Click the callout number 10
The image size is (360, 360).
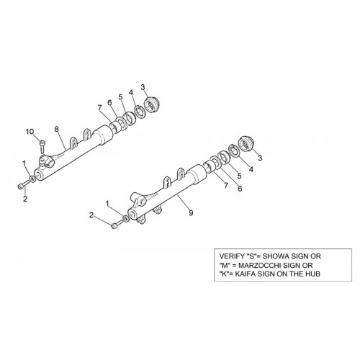tap(30, 132)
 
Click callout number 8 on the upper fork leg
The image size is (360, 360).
tap(56, 130)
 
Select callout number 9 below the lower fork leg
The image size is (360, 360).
tap(191, 212)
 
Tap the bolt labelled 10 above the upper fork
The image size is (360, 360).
tap(42, 146)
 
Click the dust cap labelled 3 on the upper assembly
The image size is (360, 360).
tap(152, 105)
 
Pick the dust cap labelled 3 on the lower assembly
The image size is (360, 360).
tap(246, 143)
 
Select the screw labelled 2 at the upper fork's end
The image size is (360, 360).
tap(22, 186)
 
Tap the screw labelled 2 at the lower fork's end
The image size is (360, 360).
tap(116, 225)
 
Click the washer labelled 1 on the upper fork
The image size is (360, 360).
tap(32, 179)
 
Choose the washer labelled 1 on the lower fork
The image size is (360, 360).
tap(125, 218)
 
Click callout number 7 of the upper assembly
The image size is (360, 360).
tap(99, 108)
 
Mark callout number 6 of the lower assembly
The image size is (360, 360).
tap(240, 189)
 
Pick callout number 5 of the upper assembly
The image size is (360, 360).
tap(120, 97)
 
